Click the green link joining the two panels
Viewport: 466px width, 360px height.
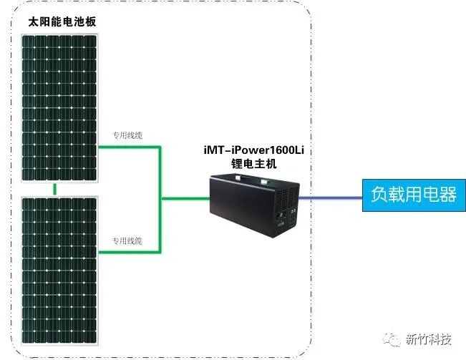pos(54,188)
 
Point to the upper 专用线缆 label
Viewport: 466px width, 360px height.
pos(127,135)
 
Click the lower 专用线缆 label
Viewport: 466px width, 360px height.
pos(127,240)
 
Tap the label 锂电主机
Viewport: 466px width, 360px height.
pos(258,164)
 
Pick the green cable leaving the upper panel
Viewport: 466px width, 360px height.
pos(129,147)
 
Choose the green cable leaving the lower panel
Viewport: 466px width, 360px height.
pos(129,252)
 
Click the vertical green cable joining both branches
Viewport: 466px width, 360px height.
pos(161,199)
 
